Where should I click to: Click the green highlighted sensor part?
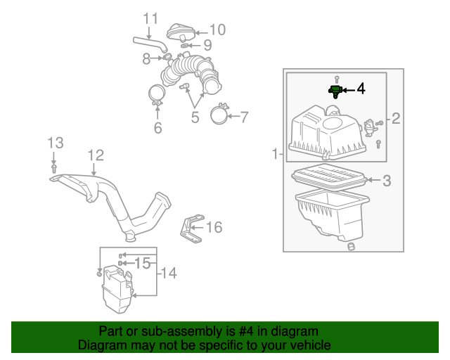click(335, 91)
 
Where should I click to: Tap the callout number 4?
click(361, 89)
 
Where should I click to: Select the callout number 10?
click(217, 30)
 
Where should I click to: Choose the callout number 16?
click(214, 227)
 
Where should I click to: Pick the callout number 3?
click(387, 181)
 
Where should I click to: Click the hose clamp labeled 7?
click(219, 114)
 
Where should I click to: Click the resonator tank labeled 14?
click(117, 289)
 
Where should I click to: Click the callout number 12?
click(95, 155)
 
